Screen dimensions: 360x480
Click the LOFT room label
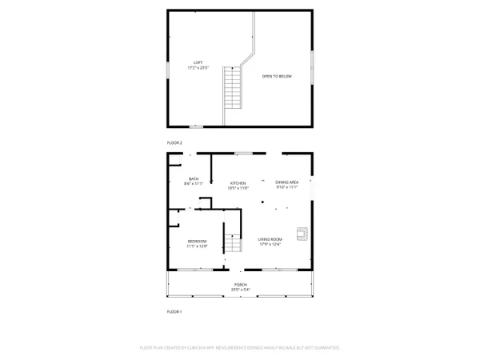(x=198, y=62)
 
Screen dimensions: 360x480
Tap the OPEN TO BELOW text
(x=278, y=76)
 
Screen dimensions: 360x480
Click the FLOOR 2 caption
(x=174, y=142)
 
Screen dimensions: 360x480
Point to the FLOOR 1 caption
(x=174, y=310)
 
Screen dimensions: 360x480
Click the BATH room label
(x=194, y=178)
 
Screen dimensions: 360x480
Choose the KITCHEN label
(x=238, y=182)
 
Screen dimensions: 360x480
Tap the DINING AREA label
(x=286, y=182)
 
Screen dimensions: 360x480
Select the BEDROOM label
(x=197, y=241)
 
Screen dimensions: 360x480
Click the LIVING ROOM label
(x=270, y=239)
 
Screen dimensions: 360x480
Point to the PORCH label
(x=240, y=285)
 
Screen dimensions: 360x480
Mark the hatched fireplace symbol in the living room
(x=302, y=233)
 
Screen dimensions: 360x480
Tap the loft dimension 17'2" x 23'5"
(x=198, y=68)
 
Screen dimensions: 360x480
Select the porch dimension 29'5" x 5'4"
(x=240, y=290)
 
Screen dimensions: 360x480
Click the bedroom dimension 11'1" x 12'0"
(x=197, y=246)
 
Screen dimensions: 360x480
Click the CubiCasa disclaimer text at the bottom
(x=240, y=348)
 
